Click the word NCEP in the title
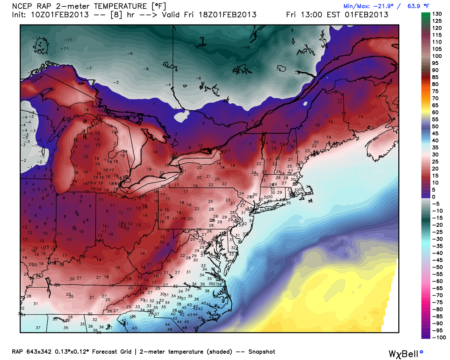[22, 6]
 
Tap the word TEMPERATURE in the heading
[120, 6]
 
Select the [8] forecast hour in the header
[116, 15]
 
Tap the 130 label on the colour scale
[437, 14]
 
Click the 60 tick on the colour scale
[435, 112]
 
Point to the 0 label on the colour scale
[433, 197]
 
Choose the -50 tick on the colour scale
[437, 267]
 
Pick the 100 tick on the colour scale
[437, 56]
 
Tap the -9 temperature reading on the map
[130, 54]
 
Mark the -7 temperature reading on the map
[89, 69]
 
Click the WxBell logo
[405, 354]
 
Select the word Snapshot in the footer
[262, 352]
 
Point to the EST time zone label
[333, 15]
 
